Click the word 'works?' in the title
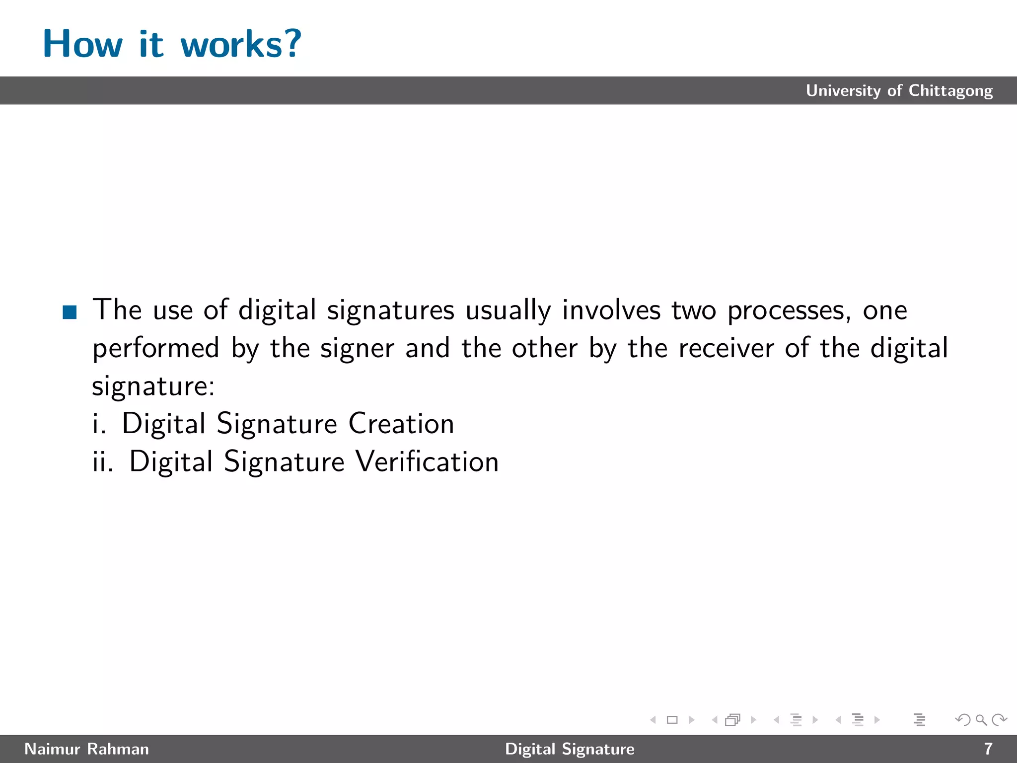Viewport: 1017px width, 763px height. coord(241,44)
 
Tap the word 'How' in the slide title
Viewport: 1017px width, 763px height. coord(82,44)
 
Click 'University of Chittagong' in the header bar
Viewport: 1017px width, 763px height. coord(899,90)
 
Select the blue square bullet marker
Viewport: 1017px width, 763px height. coord(70,312)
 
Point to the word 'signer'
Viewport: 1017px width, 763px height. coord(357,348)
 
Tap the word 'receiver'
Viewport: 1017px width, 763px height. coord(726,348)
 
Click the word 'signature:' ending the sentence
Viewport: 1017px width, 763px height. coord(153,386)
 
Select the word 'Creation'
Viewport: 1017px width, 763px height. coord(401,424)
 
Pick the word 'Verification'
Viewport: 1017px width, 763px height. coord(428,461)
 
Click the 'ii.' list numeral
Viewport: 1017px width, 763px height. coord(103,461)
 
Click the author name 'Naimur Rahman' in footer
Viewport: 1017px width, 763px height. coord(86,749)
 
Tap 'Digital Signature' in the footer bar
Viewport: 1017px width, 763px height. coord(570,749)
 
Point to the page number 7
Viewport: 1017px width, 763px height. coord(988,749)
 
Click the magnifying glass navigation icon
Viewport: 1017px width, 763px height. coord(981,719)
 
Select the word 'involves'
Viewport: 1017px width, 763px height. coord(611,310)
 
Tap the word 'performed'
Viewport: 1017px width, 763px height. coord(156,348)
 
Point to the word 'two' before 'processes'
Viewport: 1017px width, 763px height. coord(694,310)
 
